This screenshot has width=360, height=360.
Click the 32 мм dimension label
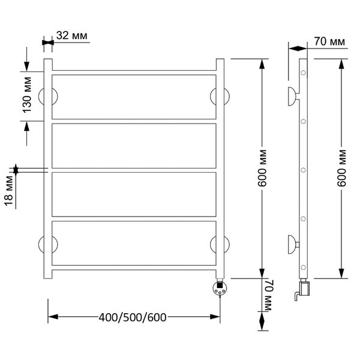(x=71, y=35)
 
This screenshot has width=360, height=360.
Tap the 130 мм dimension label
(x=27, y=95)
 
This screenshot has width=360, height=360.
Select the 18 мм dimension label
(x=9, y=191)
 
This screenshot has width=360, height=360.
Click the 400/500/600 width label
(x=133, y=317)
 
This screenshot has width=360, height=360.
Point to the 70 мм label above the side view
(x=329, y=41)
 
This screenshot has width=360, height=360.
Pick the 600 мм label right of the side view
(x=341, y=168)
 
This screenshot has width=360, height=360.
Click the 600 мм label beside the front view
(x=262, y=168)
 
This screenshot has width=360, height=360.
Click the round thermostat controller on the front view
(x=220, y=289)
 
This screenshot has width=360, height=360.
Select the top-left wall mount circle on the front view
(x=48, y=97)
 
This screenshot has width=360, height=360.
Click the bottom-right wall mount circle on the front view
(x=220, y=244)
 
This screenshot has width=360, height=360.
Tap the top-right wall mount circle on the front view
(x=220, y=97)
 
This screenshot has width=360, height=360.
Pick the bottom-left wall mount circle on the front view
(x=48, y=244)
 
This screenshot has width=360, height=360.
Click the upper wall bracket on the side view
(x=293, y=97)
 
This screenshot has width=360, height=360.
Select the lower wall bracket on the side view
(x=293, y=245)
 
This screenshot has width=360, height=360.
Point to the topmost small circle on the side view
(x=303, y=73)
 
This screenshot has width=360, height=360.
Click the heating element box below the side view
(x=304, y=288)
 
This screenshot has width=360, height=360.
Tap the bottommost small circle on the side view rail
(x=303, y=267)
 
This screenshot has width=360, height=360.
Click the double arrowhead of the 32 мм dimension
(x=48, y=43)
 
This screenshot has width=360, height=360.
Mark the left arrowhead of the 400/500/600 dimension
(x=53, y=317)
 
